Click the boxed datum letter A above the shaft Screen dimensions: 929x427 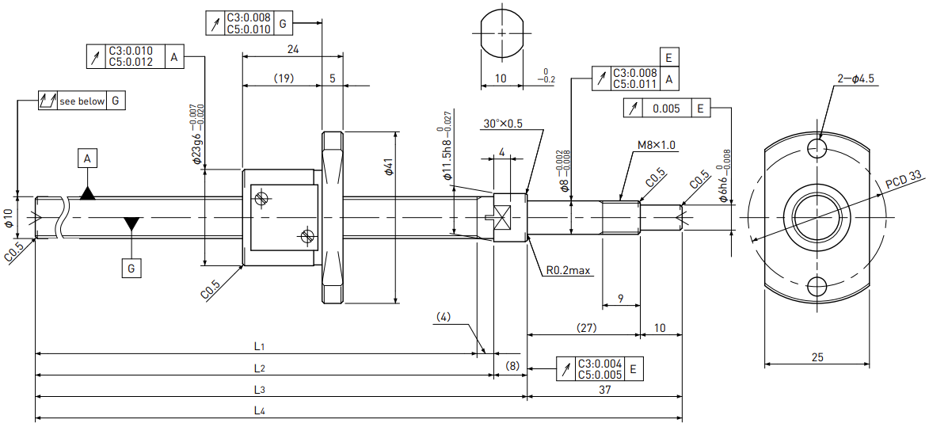click(88, 158)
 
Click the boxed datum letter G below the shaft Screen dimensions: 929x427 click(131, 269)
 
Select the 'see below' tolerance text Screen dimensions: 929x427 click(81, 101)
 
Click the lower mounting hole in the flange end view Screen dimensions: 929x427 click(817, 288)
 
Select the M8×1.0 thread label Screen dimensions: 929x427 click(657, 144)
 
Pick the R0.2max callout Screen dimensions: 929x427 click(568, 271)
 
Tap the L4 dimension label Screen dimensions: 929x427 click(259, 411)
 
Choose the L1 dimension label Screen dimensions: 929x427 click(259, 345)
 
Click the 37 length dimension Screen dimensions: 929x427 click(604, 390)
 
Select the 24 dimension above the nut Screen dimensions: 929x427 click(293, 50)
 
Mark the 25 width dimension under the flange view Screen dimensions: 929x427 click(817, 357)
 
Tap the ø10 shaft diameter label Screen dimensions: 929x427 click(8, 218)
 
